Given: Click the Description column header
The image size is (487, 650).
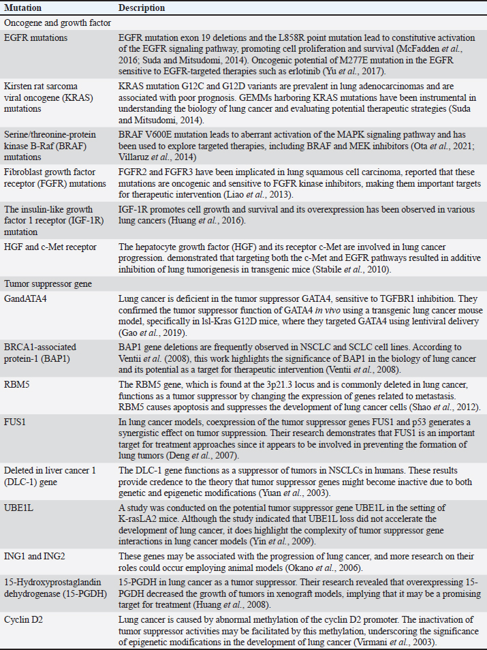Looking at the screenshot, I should (x=142, y=8).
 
